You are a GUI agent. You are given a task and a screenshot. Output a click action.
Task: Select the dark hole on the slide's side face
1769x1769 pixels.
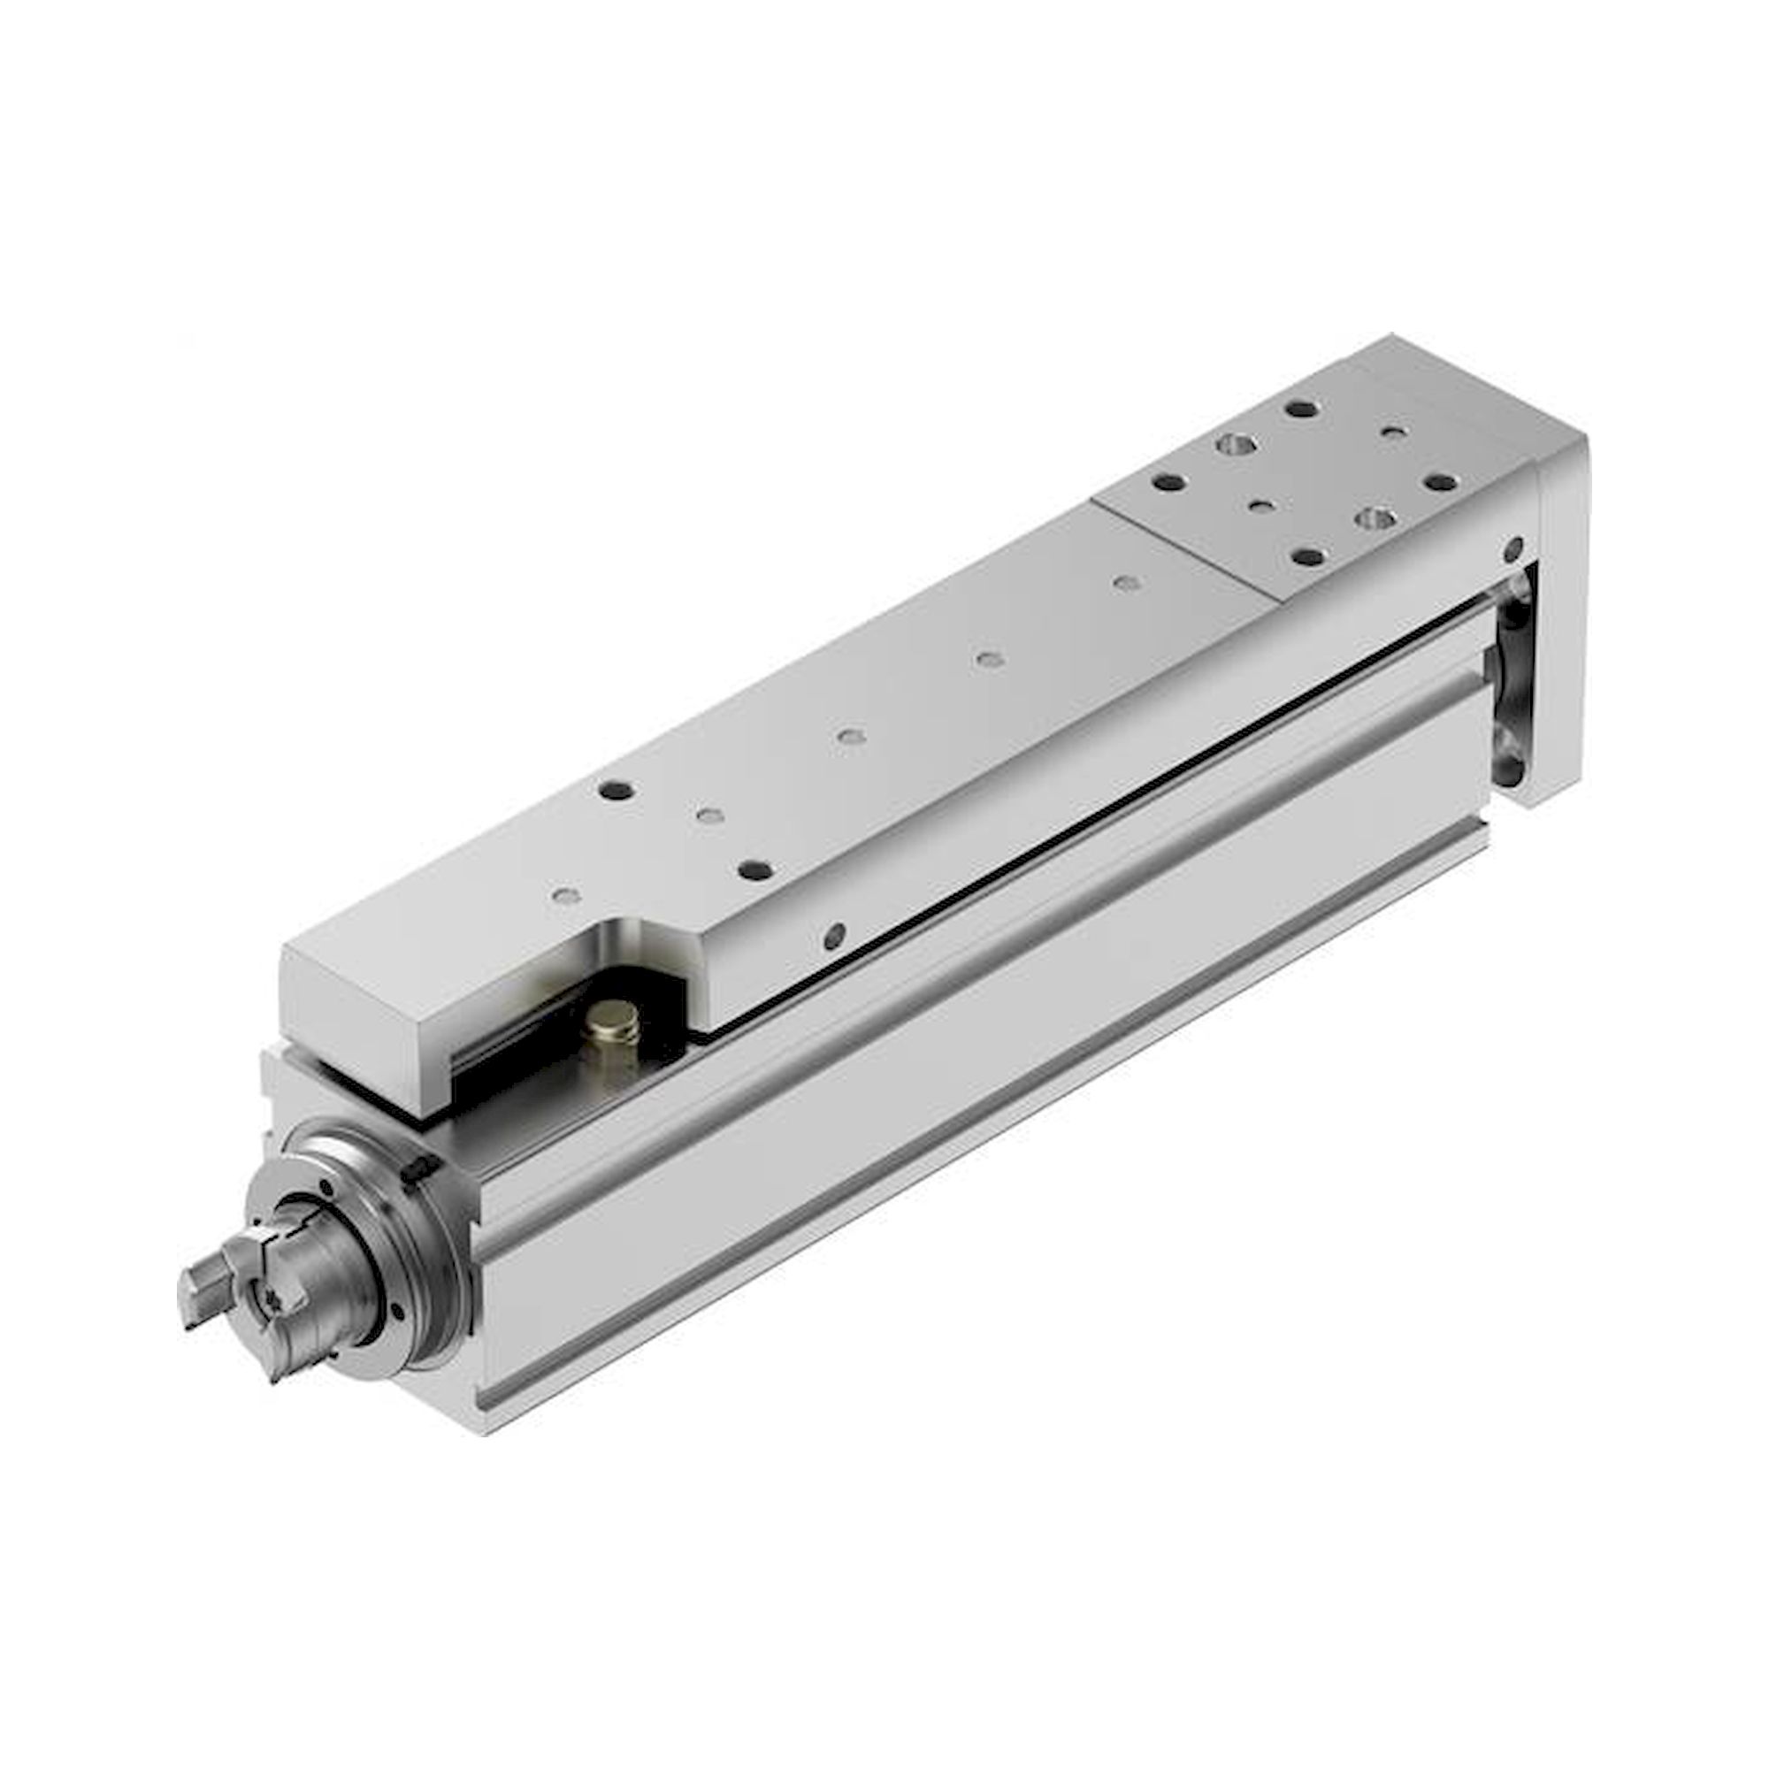834,935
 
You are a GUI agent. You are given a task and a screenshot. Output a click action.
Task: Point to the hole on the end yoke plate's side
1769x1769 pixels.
1513,549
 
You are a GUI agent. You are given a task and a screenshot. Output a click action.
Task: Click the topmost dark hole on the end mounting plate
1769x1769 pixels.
1300,409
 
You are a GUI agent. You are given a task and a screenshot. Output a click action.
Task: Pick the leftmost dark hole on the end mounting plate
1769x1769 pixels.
1166,482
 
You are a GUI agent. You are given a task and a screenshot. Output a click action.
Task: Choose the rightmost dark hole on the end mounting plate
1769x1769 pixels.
1441,482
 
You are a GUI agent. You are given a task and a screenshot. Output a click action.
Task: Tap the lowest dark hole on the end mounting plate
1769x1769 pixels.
1309,555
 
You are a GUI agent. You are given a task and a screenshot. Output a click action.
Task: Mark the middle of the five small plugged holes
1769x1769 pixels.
852,736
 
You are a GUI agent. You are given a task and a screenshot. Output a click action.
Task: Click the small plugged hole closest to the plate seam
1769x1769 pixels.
1129,581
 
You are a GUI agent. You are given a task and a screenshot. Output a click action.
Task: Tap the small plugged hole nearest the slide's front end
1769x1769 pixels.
567,893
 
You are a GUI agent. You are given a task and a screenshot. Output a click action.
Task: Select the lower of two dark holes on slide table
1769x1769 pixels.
754,869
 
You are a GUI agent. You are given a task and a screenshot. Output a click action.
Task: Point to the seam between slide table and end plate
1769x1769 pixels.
1186,549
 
